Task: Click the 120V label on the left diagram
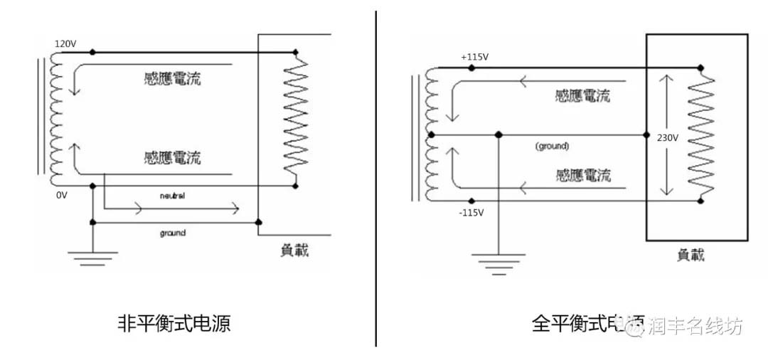(65, 44)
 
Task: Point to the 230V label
(668, 137)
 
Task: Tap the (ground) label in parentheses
(553, 146)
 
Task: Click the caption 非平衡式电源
(174, 324)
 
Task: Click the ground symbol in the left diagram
(92, 257)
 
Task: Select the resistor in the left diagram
(295, 117)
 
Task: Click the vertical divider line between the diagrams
(375, 178)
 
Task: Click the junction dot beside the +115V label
(471, 68)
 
